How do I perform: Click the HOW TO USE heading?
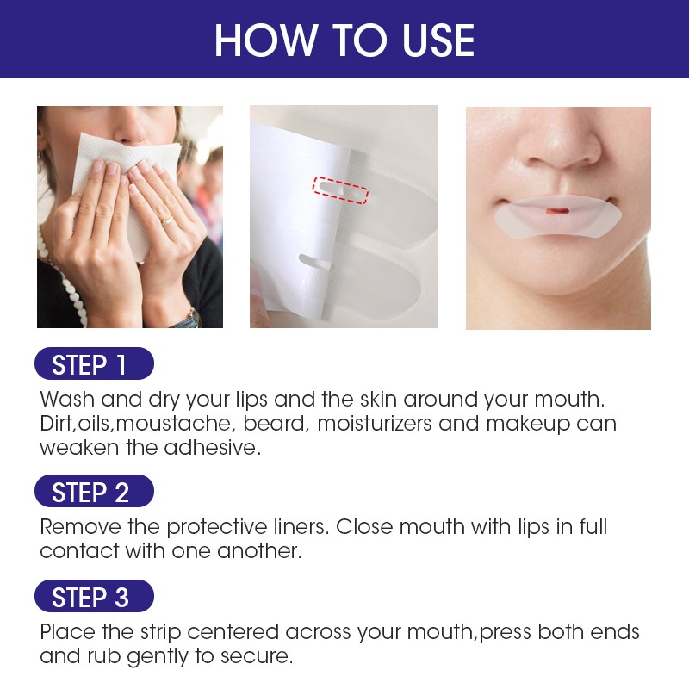tap(344, 40)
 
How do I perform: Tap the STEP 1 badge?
tap(94, 363)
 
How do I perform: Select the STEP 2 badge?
tap(94, 492)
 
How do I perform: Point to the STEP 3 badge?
tap(94, 597)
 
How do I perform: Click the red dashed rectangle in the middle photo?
tap(339, 190)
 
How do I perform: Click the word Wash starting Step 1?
tap(65, 400)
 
